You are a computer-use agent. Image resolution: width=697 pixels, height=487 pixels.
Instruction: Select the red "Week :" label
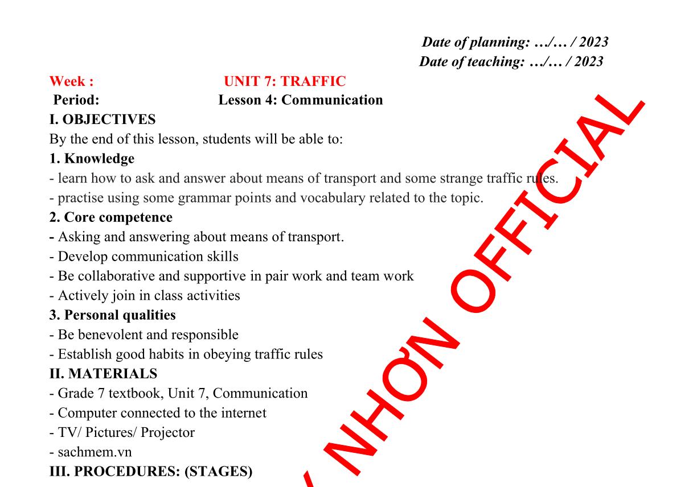72,81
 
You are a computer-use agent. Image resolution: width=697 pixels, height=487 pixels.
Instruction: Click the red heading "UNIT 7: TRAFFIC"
285,81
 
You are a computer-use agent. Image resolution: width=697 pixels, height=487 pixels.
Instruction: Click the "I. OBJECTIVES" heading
102,119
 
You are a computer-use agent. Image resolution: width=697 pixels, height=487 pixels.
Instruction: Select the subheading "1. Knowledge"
92,159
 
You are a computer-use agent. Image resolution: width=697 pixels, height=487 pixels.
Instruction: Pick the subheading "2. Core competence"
111,217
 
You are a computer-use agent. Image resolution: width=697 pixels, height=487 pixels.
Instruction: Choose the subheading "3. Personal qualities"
113,315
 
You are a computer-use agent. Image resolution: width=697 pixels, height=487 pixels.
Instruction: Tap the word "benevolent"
110,335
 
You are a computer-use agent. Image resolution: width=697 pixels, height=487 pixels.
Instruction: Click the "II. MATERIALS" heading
103,373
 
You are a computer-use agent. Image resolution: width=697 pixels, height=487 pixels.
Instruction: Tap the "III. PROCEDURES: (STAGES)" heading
151,472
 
